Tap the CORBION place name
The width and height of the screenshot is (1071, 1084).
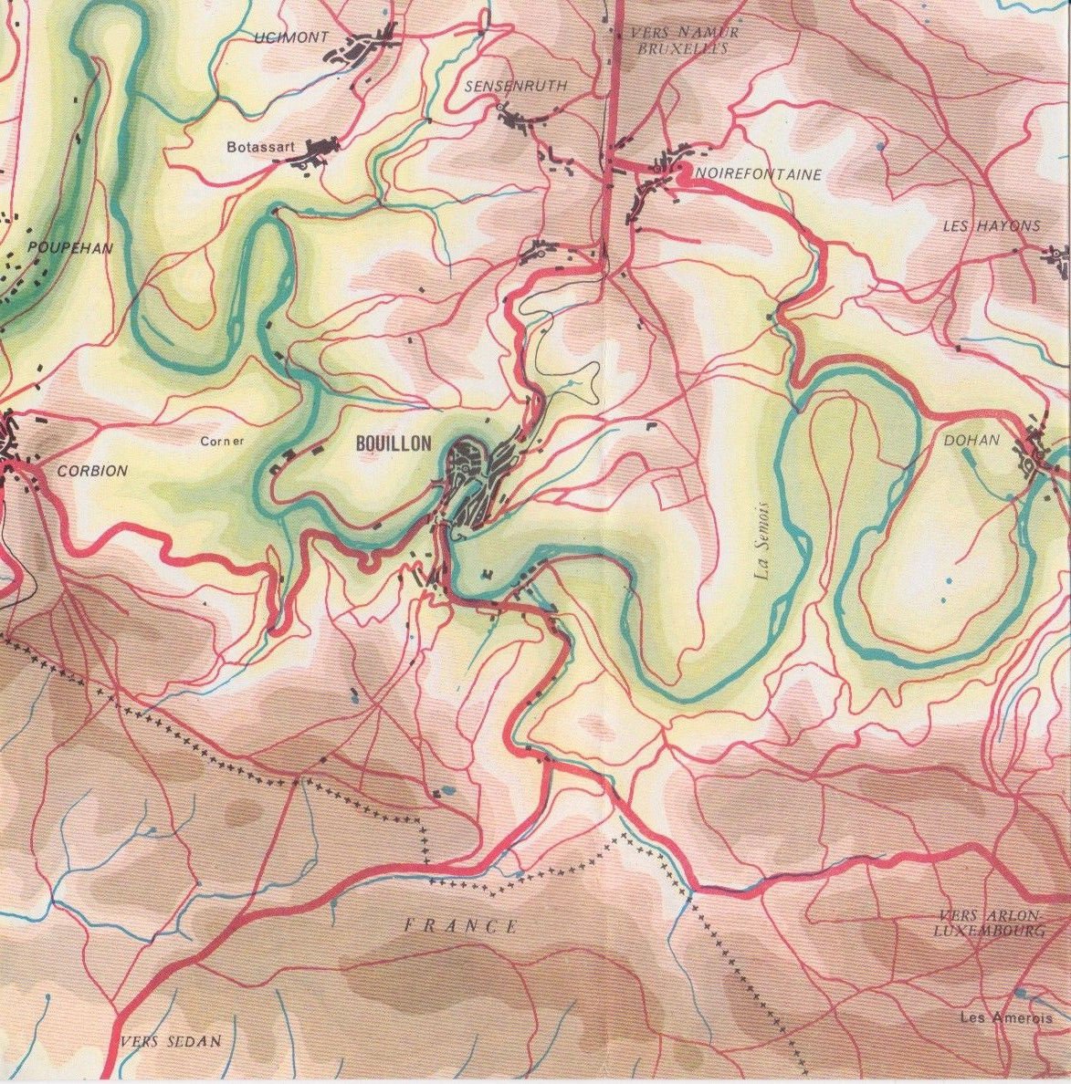click(x=92, y=471)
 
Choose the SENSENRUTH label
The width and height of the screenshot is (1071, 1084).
click(x=516, y=86)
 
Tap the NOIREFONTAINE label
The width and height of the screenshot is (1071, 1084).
click(x=758, y=174)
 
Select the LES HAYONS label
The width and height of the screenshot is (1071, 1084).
click(x=991, y=226)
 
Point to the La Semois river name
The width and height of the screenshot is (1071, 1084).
click(x=763, y=542)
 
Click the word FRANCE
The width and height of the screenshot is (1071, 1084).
click(x=461, y=926)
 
